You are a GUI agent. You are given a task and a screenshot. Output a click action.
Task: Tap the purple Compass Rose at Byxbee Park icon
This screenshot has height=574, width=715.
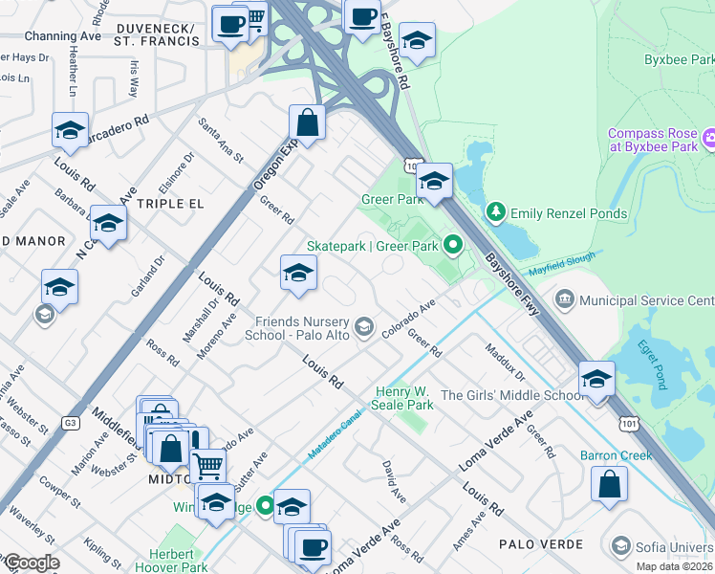(710, 140)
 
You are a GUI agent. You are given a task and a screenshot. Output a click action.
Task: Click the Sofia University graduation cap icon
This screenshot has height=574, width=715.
(621, 546)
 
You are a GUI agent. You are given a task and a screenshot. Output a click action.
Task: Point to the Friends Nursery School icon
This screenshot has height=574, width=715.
(363, 328)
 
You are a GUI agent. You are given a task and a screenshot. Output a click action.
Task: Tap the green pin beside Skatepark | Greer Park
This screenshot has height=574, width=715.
(454, 246)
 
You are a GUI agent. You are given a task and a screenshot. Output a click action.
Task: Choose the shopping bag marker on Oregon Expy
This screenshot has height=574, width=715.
(308, 122)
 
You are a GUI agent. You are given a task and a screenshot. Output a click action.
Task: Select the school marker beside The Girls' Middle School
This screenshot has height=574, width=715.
(596, 379)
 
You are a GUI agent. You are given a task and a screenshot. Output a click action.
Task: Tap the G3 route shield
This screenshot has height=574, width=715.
(71, 421)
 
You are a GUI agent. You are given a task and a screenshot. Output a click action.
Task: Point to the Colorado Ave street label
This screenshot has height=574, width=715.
(408, 319)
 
